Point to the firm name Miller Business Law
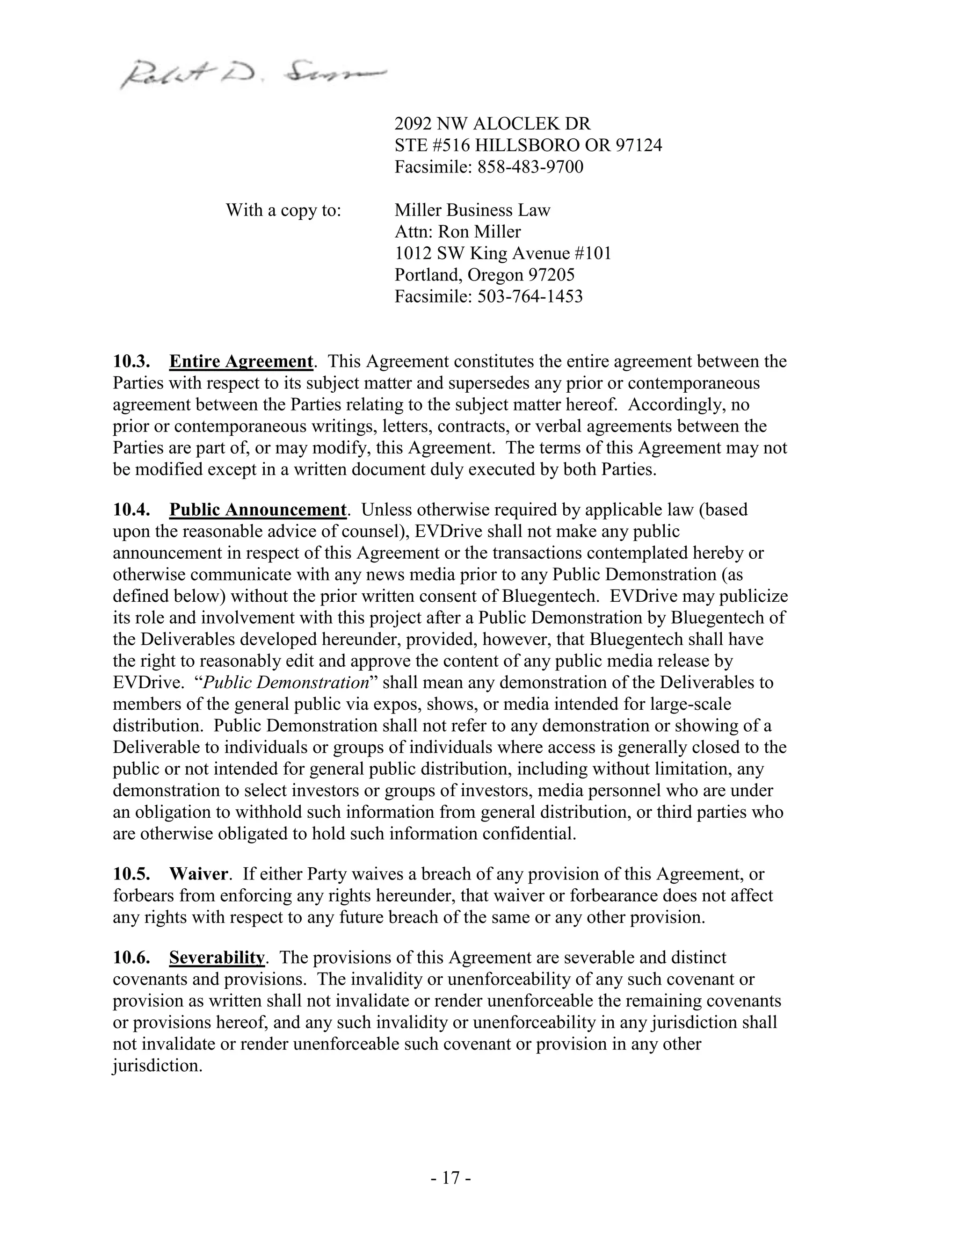(x=472, y=210)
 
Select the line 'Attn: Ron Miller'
(x=457, y=232)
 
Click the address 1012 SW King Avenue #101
(x=503, y=253)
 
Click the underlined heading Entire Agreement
(x=240, y=361)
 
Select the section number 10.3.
(x=131, y=361)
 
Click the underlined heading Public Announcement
(x=258, y=510)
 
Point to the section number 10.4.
(x=131, y=510)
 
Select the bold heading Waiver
(x=199, y=874)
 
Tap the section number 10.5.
(x=131, y=874)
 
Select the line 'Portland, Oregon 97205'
(x=484, y=275)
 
